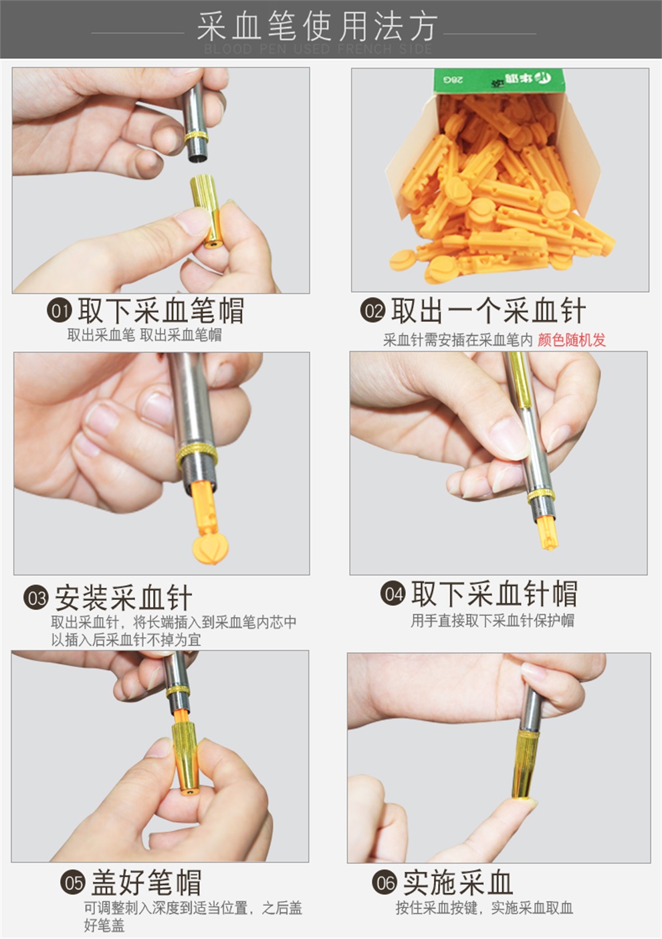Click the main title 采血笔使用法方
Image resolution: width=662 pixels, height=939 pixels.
click(x=317, y=27)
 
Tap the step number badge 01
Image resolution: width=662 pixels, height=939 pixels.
click(x=60, y=311)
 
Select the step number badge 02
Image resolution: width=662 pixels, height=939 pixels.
click(x=372, y=311)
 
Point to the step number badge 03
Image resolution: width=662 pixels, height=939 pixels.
click(x=36, y=597)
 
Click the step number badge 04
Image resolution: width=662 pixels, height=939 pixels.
click(x=393, y=594)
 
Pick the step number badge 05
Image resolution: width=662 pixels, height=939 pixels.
click(x=73, y=883)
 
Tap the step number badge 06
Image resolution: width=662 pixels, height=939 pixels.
click(x=384, y=883)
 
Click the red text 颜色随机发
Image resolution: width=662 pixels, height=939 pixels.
click(x=571, y=340)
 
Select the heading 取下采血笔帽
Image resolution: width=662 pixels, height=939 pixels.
click(x=160, y=311)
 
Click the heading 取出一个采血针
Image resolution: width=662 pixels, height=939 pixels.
click(x=488, y=311)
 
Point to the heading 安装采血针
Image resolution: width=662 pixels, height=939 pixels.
click(x=124, y=597)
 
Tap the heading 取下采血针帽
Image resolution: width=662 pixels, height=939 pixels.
click(x=493, y=594)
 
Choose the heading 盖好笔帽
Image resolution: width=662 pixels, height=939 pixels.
click(x=146, y=883)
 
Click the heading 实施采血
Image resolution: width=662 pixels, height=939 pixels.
click(x=457, y=883)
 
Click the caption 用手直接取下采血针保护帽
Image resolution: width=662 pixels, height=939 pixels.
click(x=492, y=621)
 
